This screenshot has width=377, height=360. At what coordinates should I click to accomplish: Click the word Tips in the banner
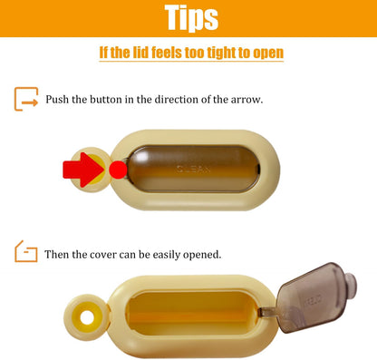click(x=191, y=18)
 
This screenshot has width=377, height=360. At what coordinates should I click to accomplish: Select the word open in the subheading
click(x=268, y=54)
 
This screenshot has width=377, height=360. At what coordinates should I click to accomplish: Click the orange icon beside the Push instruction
click(x=26, y=99)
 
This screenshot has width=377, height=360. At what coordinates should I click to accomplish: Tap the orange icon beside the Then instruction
click(x=26, y=251)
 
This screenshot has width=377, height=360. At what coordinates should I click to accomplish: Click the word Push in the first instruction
click(x=57, y=99)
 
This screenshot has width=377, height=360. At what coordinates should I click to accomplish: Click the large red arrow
click(x=83, y=170)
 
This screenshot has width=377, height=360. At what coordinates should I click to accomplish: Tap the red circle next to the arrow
click(x=118, y=170)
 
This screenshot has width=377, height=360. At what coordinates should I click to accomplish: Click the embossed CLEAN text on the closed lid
click(x=193, y=169)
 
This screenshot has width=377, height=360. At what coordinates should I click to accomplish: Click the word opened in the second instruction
click(x=202, y=255)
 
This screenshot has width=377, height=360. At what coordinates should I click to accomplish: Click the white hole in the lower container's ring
click(x=87, y=317)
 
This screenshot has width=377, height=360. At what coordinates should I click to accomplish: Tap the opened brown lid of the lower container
click(x=314, y=297)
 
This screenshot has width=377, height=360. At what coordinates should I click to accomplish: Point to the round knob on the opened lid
click(x=351, y=285)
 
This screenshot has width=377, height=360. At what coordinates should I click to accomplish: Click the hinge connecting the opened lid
click(x=268, y=312)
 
